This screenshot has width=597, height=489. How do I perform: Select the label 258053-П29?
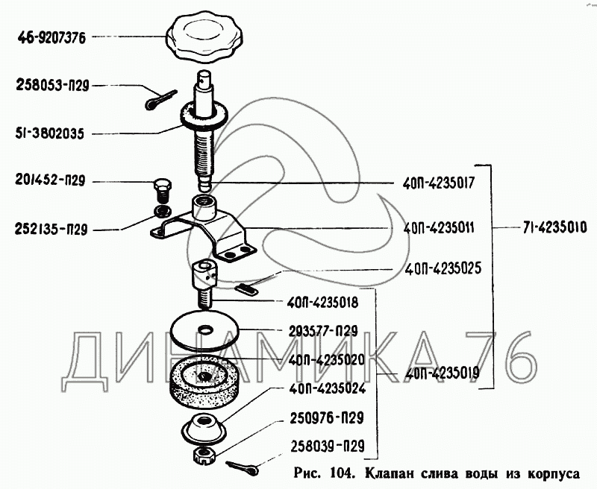pyautogui.click(x=52, y=86)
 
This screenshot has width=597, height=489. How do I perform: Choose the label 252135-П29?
pyautogui.click(x=51, y=230)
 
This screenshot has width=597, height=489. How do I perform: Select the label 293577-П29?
pyautogui.click(x=324, y=330)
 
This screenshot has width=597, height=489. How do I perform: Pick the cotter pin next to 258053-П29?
pyautogui.click(x=158, y=98)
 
